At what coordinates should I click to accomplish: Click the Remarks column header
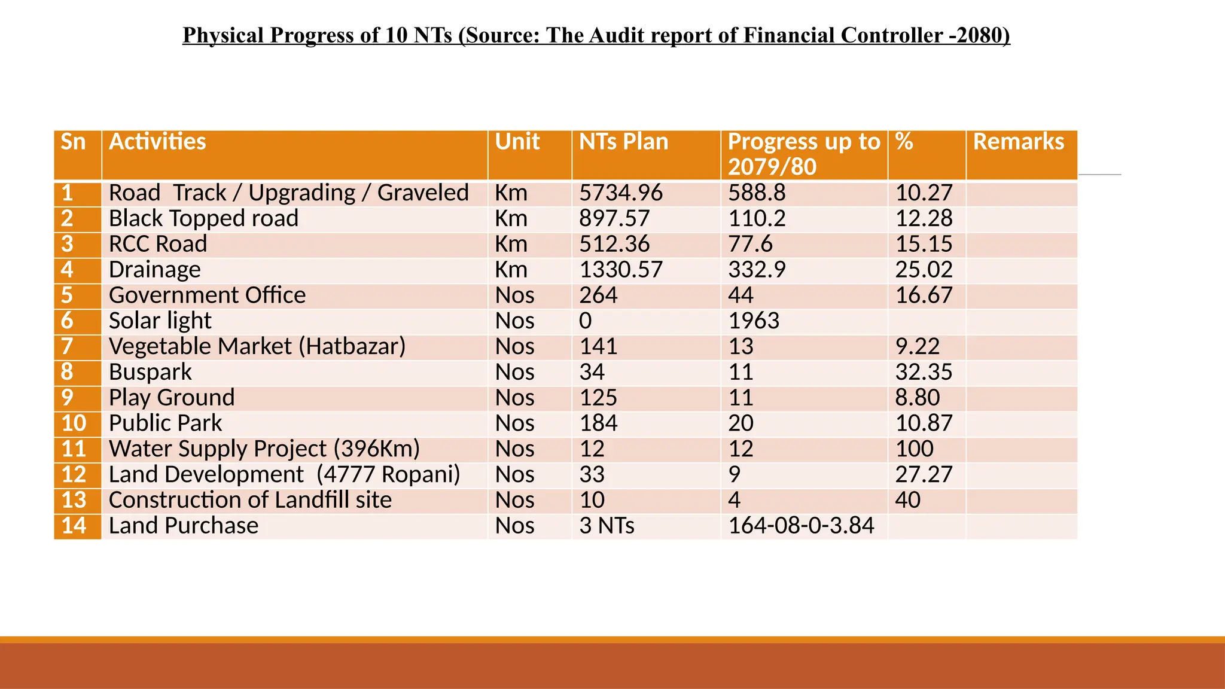(1018, 142)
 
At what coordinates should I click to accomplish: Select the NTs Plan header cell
(623, 142)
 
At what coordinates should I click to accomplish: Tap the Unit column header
(517, 142)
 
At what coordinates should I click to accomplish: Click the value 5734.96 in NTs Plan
(621, 193)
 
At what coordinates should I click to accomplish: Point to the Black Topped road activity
(203, 219)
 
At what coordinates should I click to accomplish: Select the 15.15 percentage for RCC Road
(924, 245)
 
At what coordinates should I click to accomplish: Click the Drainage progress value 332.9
(757, 270)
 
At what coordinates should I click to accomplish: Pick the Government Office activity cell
(207, 295)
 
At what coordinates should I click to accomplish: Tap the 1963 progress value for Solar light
(754, 321)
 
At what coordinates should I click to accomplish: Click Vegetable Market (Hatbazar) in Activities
(257, 347)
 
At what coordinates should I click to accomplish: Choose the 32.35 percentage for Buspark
(924, 373)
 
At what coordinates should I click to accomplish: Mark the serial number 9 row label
(68, 398)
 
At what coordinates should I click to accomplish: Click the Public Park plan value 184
(598, 423)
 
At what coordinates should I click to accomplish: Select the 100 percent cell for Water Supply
(914, 449)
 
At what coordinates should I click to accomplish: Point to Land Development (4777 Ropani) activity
(284, 475)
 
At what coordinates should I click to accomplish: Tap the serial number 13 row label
(74, 501)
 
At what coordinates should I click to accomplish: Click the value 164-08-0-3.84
(801, 526)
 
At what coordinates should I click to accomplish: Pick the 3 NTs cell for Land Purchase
(607, 526)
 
